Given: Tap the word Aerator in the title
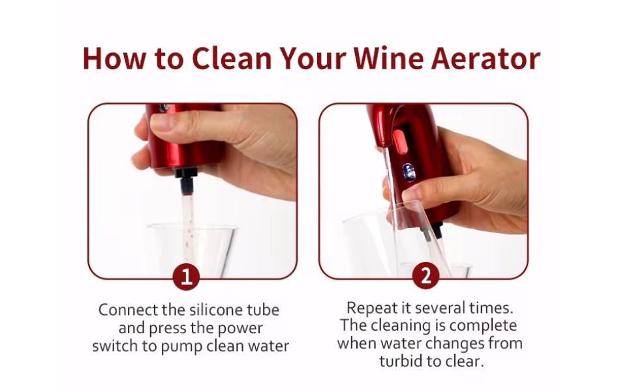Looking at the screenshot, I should (x=486, y=58).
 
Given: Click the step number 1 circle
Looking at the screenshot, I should (x=187, y=277).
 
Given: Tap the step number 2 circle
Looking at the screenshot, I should (x=425, y=276).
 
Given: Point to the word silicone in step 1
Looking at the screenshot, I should (x=215, y=310).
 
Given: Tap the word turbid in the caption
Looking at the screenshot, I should (x=406, y=361).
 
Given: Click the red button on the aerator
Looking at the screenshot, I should (x=401, y=138).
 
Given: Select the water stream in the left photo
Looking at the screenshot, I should (x=187, y=216).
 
